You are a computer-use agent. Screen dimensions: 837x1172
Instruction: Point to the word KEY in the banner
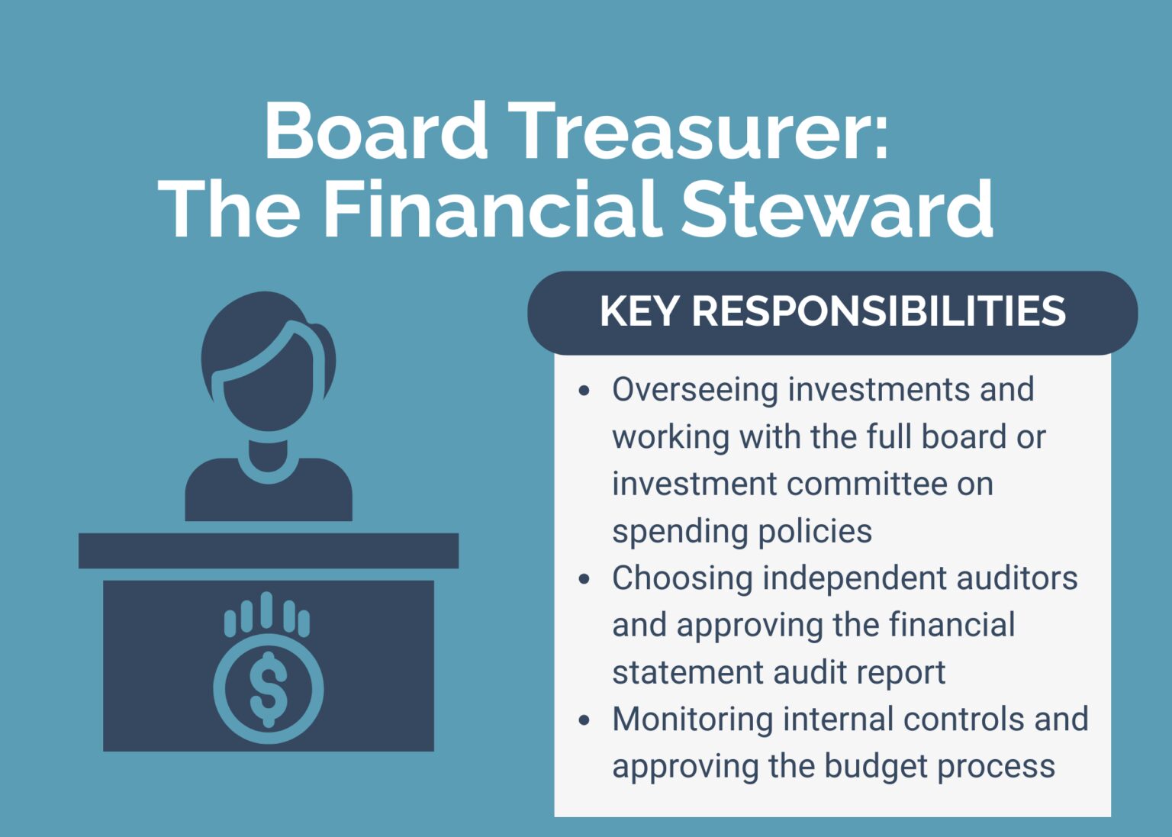coord(639,311)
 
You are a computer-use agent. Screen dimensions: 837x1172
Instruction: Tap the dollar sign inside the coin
coord(268,688)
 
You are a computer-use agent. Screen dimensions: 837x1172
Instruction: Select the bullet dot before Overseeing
coord(584,391)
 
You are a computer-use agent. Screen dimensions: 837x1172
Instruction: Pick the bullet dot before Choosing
coord(584,579)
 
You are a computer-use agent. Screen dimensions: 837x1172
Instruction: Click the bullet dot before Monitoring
coord(584,720)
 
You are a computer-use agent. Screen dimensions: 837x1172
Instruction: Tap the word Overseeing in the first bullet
coord(694,390)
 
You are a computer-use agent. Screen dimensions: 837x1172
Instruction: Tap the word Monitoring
coord(692,719)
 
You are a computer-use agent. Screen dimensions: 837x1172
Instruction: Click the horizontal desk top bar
coord(269,550)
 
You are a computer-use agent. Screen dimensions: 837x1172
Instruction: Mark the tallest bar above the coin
coord(266,610)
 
